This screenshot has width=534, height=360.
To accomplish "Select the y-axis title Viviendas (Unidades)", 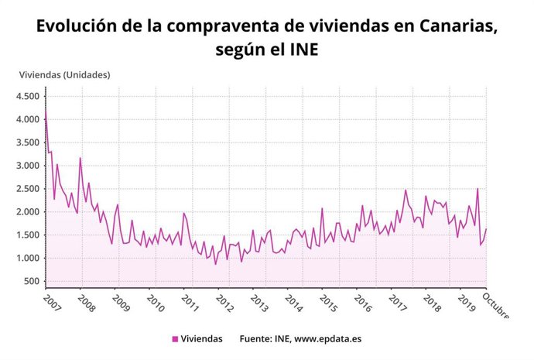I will (65, 75).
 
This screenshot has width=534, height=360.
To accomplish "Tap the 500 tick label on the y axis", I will (32, 282).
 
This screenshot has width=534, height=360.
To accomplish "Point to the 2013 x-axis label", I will (261, 303).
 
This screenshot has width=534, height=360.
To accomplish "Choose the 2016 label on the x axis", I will (365, 303).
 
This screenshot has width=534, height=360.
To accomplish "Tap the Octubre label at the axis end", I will (498, 306).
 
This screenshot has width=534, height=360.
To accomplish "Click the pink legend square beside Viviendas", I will (175, 339).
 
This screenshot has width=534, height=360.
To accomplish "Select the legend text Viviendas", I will (202, 339).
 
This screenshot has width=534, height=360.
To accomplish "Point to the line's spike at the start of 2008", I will (80, 158).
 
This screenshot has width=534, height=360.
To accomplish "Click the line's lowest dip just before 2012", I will (216, 264).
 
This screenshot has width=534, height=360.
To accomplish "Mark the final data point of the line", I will (486, 228).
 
